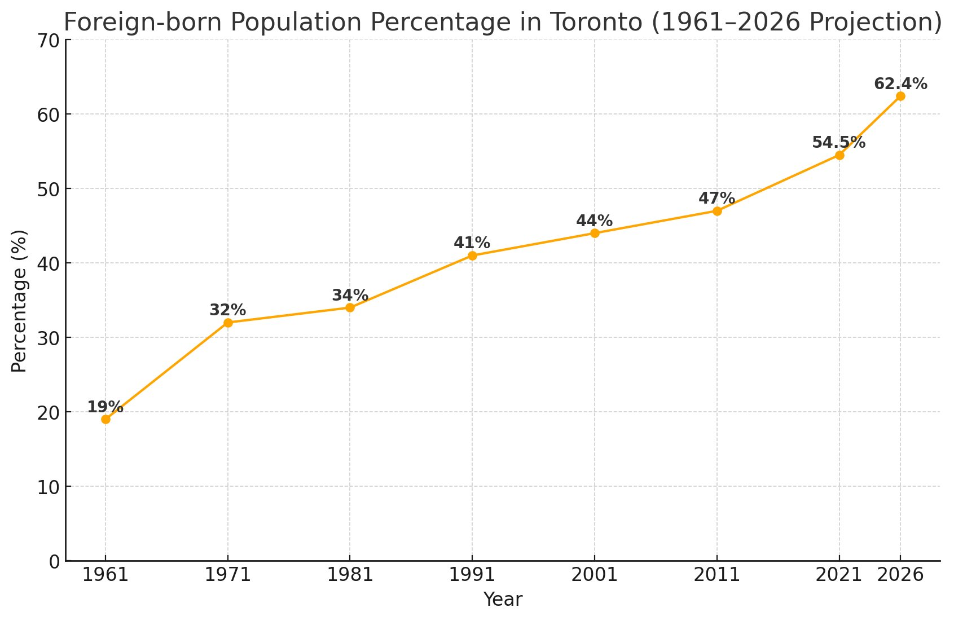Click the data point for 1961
pos(105,419)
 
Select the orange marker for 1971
pos(228,323)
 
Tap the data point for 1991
pos(472,256)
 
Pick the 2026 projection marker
pos(900,96)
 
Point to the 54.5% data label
pos(838,143)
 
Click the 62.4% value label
pos(900,84)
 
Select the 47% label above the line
pos(716,199)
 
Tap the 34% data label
pos(350,296)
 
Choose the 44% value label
pos(594,221)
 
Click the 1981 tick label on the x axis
pos(350,575)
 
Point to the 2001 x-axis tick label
pos(594,575)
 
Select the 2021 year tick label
pos(838,575)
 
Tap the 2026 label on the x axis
pos(900,575)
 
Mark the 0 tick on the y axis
pos(54,561)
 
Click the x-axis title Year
pos(503,600)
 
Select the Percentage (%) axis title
pos(20,301)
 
